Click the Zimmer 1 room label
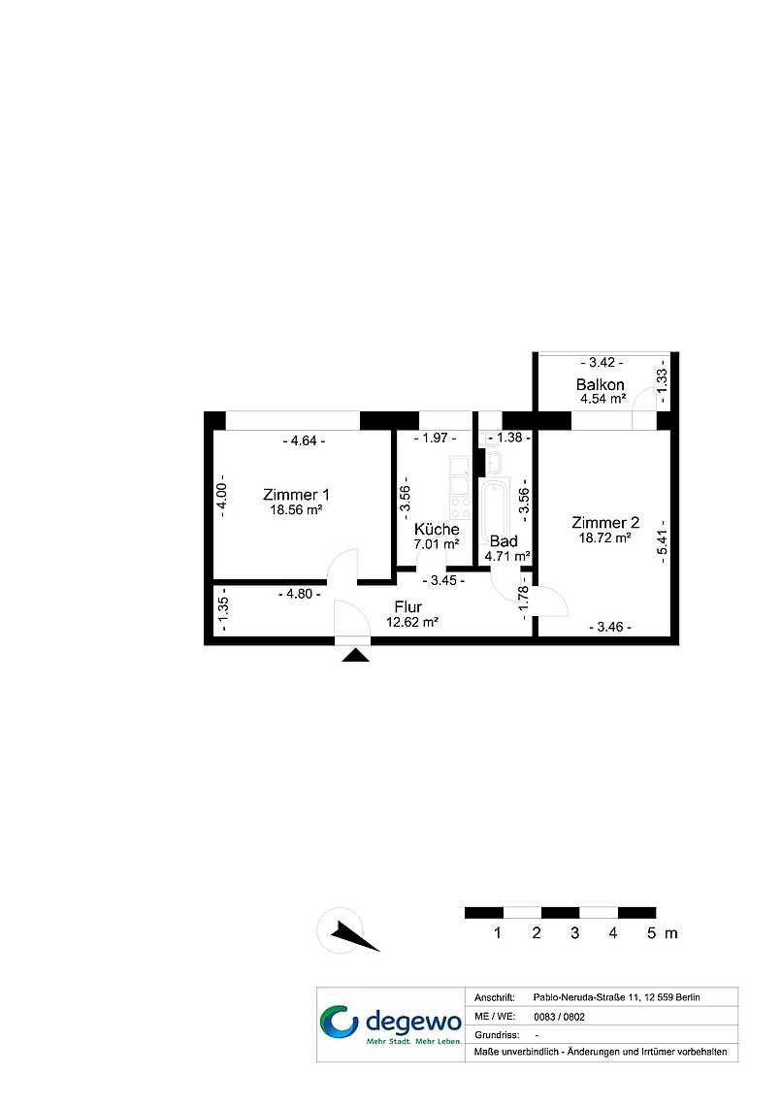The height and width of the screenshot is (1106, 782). point(296,495)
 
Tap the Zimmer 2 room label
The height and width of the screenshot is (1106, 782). point(605,523)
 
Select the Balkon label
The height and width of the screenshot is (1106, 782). point(600,384)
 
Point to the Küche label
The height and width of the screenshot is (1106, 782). point(437,529)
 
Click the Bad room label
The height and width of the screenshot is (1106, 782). point(504,541)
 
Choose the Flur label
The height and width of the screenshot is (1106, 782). point(408,606)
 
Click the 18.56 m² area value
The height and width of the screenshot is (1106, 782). point(296,510)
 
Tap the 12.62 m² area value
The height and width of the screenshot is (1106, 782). point(412,622)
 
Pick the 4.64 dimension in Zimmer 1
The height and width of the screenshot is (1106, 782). point(304,440)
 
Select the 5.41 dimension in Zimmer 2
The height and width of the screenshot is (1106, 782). point(662,541)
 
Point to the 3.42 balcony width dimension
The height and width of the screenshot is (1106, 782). point(602,363)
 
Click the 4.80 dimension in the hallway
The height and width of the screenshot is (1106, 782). point(299,594)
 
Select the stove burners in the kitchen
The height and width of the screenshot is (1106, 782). point(461,507)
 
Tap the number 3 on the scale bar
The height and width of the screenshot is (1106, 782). point(574,933)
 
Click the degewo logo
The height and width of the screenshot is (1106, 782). point(391,1025)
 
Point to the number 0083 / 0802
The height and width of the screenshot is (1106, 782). point(559,1017)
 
